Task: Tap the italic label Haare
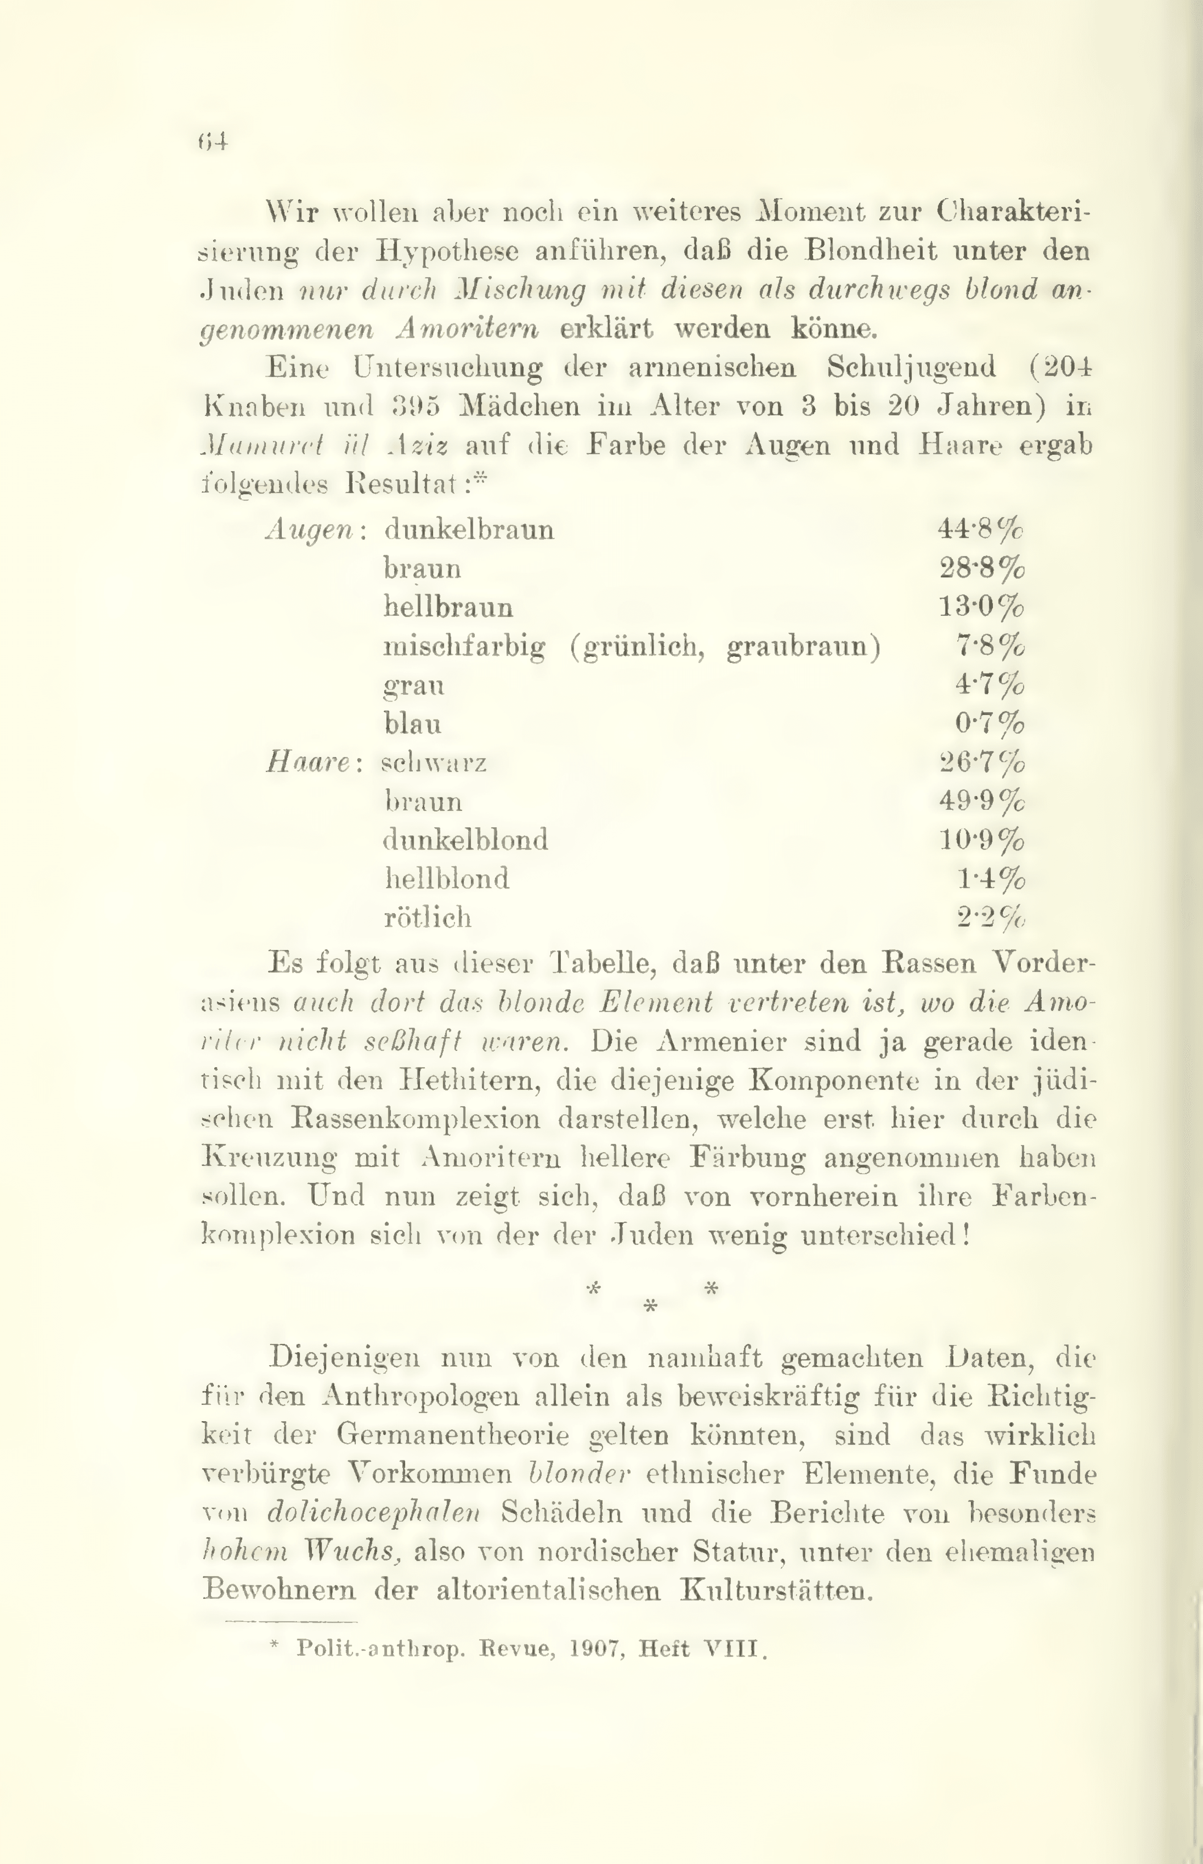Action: point(309,762)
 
